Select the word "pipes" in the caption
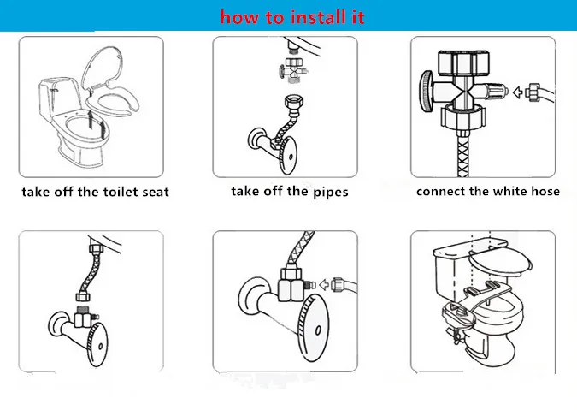pos(331,193)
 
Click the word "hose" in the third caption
pos(544,191)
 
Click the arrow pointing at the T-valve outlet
pos(518,92)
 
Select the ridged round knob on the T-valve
pos(427,91)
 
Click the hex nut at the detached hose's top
pos(293,100)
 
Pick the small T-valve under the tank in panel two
pos(291,68)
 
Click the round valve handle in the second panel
pos(288,155)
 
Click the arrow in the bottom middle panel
pos(324,285)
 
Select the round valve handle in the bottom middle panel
pos(314,328)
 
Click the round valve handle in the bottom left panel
pos(97,345)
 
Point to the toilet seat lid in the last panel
pos(500,261)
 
